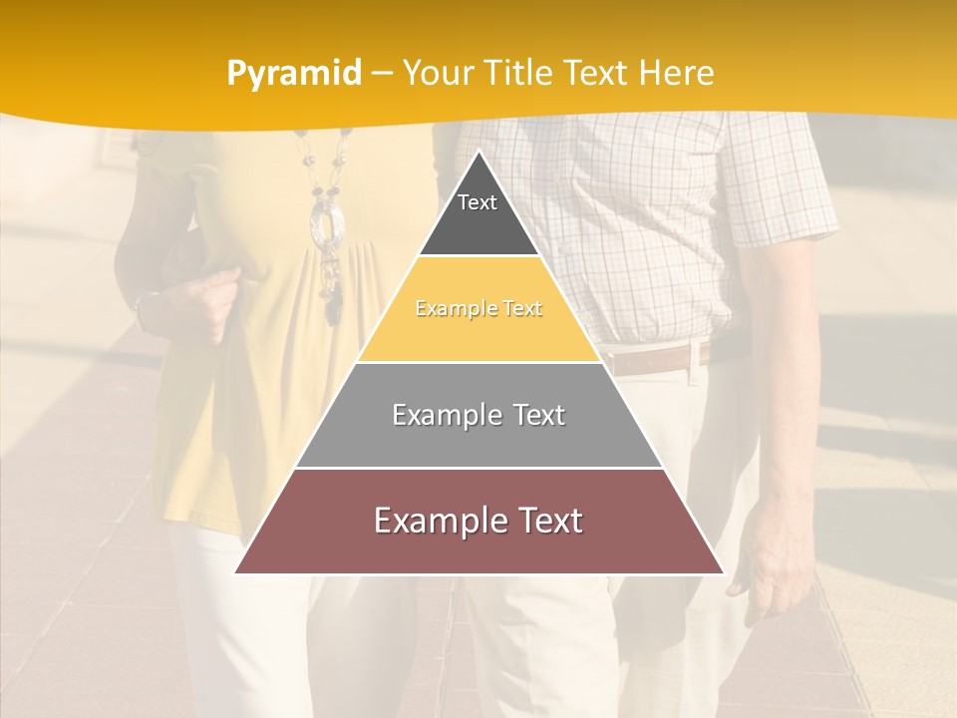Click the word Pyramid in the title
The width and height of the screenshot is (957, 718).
pos(293,73)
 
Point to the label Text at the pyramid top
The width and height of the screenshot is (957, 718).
pos(477,202)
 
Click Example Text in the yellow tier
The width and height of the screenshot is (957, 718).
pos(478,309)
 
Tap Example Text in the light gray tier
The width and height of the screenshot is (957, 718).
pos(478,415)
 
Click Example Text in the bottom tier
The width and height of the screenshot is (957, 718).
pos(478,521)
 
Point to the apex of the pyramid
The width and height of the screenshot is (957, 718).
pos(479,152)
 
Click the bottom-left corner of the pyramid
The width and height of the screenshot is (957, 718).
pos(236,572)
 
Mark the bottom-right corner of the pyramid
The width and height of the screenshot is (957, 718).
pos(723,572)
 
